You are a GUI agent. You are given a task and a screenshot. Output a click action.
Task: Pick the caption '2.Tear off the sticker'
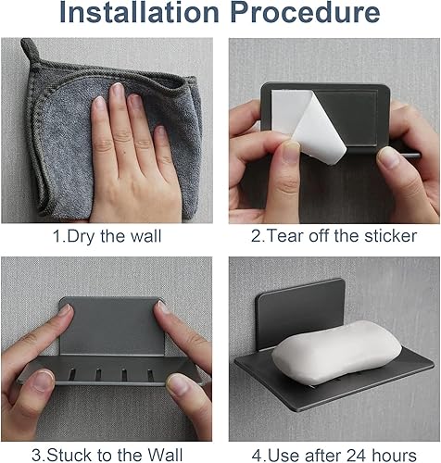pos(334,236)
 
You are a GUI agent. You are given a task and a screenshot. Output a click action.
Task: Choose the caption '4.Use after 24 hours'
pos(334,454)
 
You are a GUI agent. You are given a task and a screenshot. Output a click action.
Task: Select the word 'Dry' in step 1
pos(82,236)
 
